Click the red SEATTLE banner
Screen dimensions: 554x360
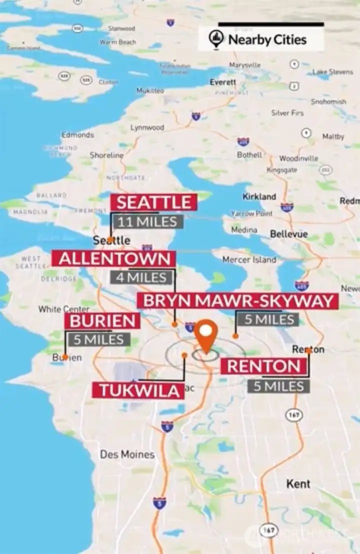[153, 202]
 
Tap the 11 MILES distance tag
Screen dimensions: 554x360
[147, 221]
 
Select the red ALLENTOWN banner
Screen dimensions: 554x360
[114, 259]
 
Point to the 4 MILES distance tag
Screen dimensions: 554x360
[142, 277]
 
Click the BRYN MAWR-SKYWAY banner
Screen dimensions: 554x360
[238, 301]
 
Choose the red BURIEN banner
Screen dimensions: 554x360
[102, 321]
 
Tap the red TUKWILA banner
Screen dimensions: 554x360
[138, 391]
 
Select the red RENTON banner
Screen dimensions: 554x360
[263, 366]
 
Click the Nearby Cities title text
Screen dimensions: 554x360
[267, 39]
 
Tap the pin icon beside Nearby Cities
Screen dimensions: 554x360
[216, 39]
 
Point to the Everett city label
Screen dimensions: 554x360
[222, 82]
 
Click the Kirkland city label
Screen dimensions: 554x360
[259, 196]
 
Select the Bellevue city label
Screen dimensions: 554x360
[288, 234]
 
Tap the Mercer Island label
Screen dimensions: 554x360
[249, 260]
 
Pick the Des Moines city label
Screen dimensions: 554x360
[127, 455]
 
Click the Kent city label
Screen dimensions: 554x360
[298, 484]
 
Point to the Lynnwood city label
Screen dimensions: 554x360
[147, 127]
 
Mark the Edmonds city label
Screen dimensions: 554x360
[77, 135]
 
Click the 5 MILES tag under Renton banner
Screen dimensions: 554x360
[278, 386]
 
